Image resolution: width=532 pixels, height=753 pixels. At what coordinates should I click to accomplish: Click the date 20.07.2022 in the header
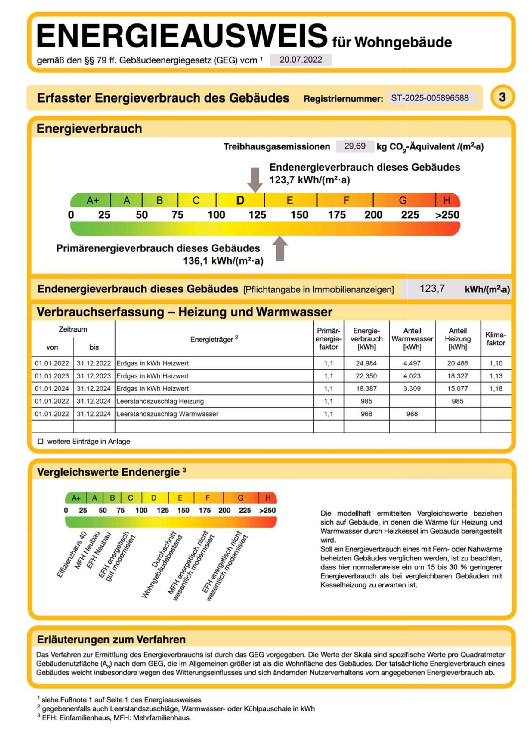tap(300, 60)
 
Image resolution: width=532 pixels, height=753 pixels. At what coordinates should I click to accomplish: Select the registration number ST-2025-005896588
tap(430, 98)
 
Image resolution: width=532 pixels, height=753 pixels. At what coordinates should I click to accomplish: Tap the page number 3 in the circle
tap(502, 97)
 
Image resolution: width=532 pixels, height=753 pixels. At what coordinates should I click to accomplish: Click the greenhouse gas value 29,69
tap(355, 146)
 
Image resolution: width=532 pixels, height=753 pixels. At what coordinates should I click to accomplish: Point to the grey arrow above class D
tap(255, 179)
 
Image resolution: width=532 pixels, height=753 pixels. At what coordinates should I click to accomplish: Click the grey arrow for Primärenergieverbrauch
tap(280, 249)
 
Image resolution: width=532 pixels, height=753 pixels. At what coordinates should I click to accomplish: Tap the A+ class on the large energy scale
tap(92, 200)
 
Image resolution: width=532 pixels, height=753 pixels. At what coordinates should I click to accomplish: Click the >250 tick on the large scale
tap(447, 215)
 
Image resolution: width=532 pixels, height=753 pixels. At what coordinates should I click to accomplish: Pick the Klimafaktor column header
tap(495, 339)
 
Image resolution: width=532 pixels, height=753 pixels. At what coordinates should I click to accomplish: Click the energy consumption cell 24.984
tap(366, 363)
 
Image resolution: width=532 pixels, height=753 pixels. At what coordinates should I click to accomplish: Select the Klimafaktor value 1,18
tap(495, 389)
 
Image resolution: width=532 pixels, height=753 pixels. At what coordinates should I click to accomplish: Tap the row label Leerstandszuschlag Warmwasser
tap(167, 414)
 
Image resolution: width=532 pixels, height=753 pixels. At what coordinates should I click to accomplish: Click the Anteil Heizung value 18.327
tap(458, 376)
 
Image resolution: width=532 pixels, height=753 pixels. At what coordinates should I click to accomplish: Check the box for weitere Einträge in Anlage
tap(41, 442)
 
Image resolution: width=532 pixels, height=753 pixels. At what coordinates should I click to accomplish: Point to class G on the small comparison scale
tap(240, 498)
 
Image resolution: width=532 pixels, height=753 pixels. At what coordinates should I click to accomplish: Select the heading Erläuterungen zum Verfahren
tap(111, 640)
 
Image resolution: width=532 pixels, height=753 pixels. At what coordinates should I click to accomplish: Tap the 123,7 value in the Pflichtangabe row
tap(432, 288)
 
